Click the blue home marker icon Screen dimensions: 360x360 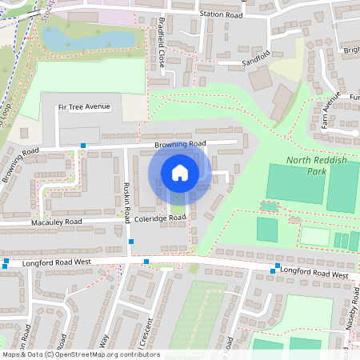pos(180,172)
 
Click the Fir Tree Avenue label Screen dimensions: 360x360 pos(84,106)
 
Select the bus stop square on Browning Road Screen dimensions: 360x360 pos(83,146)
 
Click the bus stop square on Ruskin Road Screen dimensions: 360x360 pos(130,241)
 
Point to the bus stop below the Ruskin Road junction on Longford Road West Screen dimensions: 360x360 pos(146,262)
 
